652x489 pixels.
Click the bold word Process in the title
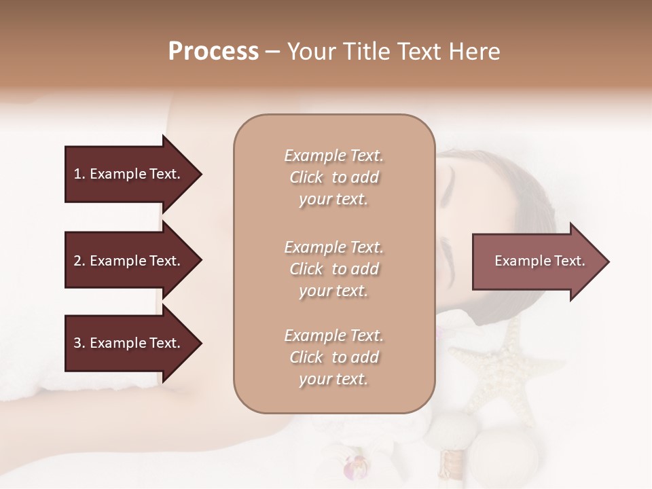tap(213, 52)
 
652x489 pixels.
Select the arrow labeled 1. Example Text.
tap(129, 174)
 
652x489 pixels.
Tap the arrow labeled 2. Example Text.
tap(129, 261)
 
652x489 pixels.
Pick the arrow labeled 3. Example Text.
tap(129, 343)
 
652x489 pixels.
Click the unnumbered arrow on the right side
tap(537, 261)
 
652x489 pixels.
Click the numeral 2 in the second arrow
tap(77, 261)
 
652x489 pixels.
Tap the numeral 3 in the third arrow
tap(77, 343)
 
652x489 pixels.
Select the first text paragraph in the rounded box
tap(333, 177)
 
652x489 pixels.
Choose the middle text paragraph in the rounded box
tap(333, 269)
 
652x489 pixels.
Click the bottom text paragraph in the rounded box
tap(333, 357)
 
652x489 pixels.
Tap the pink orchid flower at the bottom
tap(355, 467)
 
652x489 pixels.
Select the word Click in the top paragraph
tap(306, 177)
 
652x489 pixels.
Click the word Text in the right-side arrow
tap(569, 261)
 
